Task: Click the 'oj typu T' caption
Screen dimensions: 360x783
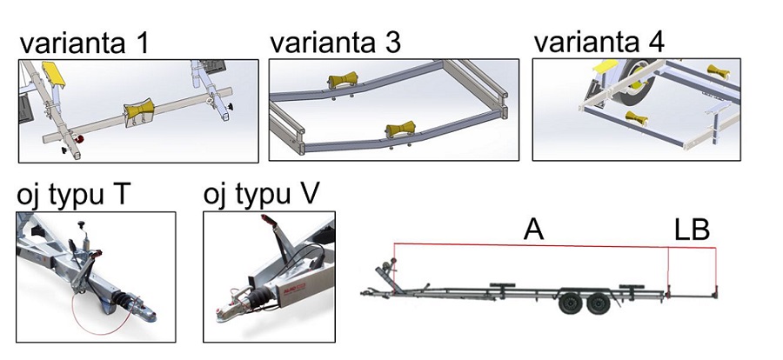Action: point(74,195)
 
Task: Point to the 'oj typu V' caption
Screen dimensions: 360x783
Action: point(261,195)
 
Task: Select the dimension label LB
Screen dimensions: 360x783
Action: point(693,230)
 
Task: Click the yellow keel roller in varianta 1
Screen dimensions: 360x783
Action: point(138,114)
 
